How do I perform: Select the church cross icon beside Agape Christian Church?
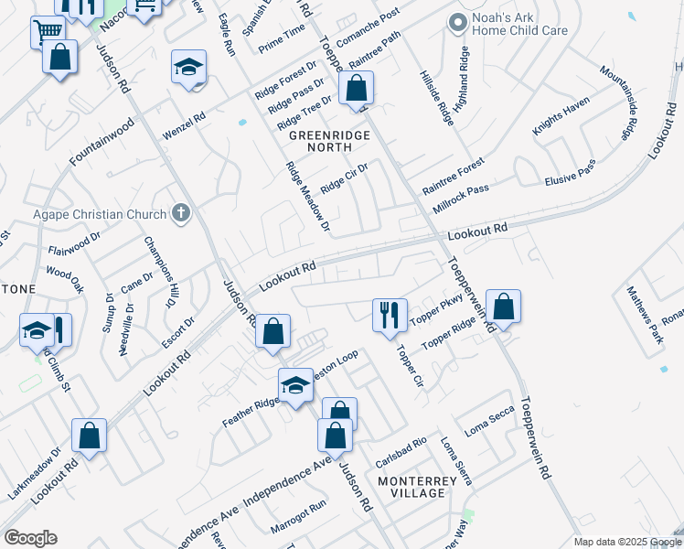pyautogui.click(x=180, y=214)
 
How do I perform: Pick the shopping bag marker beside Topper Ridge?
pyautogui.click(x=503, y=307)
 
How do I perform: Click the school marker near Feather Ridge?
pyautogui.click(x=295, y=386)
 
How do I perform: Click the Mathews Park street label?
pyautogui.click(x=645, y=313)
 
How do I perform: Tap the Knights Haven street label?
pyautogui.click(x=561, y=118)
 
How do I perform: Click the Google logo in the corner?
pyautogui.click(x=31, y=537)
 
